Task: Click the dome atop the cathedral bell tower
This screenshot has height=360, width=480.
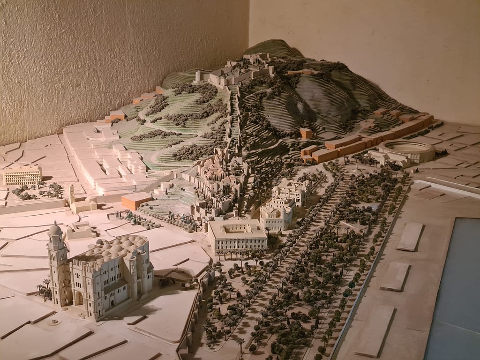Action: (x=55, y=229)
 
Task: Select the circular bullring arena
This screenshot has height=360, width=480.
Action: (x=406, y=150)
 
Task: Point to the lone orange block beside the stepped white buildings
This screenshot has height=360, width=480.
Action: (x=136, y=201)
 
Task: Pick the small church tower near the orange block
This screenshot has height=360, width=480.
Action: (x=72, y=194)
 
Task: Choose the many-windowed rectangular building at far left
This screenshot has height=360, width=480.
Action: (x=22, y=175)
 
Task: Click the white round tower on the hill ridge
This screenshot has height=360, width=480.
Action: (x=198, y=75)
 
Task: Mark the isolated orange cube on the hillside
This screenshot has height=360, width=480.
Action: (x=306, y=133)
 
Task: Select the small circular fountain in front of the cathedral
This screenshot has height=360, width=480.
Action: (x=54, y=322)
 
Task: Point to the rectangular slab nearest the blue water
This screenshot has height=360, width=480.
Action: (x=410, y=236)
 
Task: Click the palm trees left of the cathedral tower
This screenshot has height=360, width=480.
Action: (x=45, y=289)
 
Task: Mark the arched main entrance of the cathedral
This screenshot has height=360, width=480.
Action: (x=78, y=298)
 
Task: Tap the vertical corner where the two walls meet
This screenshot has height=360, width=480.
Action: (x=249, y=28)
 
